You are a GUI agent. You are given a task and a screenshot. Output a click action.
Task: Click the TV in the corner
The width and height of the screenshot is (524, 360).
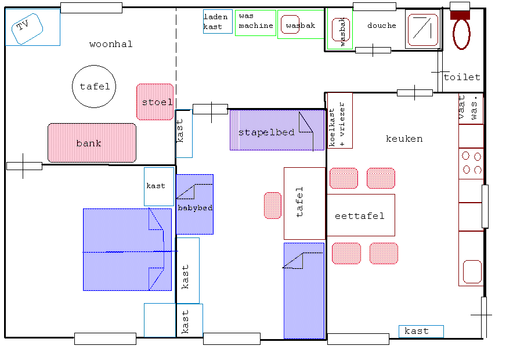(27, 29)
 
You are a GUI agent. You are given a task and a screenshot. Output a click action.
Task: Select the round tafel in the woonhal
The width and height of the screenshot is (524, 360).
(94, 87)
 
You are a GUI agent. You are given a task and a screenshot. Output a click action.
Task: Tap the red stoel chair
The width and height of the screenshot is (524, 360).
(155, 102)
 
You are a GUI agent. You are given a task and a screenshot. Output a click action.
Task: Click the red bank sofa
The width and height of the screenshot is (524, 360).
(92, 143)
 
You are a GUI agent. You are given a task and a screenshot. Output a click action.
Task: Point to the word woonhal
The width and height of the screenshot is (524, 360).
(111, 44)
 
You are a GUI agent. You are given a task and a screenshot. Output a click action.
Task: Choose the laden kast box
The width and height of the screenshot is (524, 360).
(218, 21)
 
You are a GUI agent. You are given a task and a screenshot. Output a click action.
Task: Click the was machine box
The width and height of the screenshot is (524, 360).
(256, 23)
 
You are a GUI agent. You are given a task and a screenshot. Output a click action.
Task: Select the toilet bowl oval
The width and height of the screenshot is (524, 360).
(461, 34)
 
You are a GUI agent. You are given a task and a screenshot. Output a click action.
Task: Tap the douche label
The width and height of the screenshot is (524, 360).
(382, 26)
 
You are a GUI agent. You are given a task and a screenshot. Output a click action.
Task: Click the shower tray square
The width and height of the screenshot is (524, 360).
(423, 30)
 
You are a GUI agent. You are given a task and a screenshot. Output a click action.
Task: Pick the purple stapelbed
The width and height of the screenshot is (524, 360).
(277, 129)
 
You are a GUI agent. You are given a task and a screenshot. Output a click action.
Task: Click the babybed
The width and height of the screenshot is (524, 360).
(195, 204)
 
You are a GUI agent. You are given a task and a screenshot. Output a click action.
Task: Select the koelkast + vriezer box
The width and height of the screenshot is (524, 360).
(340, 120)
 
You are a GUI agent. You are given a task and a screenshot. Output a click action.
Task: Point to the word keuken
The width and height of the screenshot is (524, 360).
(404, 139)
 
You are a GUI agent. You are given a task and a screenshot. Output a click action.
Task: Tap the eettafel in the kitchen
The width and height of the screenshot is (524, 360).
(361, 215)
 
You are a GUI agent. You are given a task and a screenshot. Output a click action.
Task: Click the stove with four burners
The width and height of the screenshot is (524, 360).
(471, 164)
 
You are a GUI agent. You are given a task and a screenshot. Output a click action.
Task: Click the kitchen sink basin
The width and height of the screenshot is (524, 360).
(472, 272)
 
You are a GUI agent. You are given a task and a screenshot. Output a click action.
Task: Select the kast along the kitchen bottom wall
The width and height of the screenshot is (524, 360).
(421, 331)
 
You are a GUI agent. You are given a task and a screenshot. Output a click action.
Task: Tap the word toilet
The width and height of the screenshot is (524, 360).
(462, 77)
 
